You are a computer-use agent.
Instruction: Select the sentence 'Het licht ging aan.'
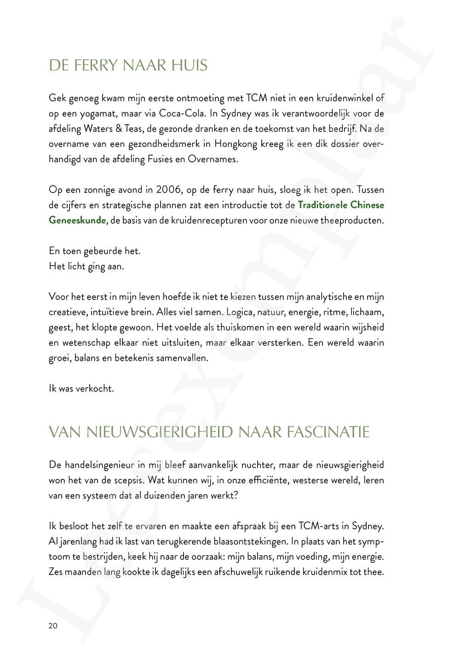point(86,267)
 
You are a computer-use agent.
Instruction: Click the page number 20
point(53,626)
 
